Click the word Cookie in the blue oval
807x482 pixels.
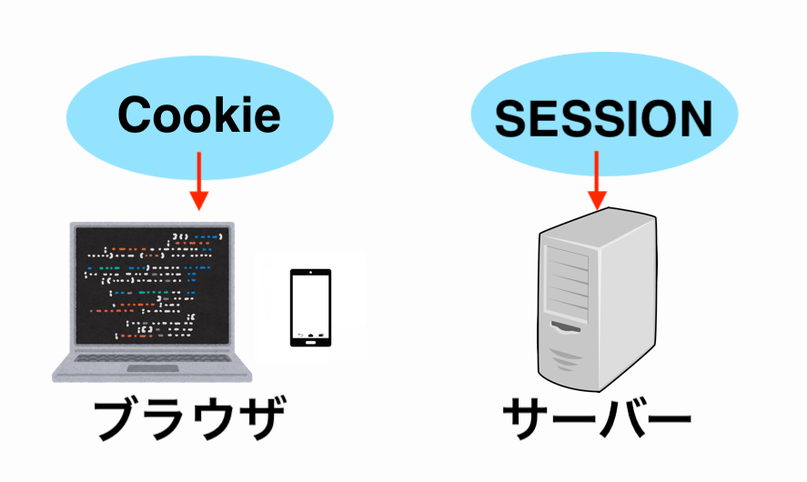[x=198, y=116]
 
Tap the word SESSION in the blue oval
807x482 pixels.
[x=604, y=117]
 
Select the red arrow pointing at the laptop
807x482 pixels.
[x=198, y=182]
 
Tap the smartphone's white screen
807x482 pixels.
[x=310, y=304]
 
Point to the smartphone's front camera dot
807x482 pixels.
[x=310, y=273]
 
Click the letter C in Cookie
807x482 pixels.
[x=134, y=116]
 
